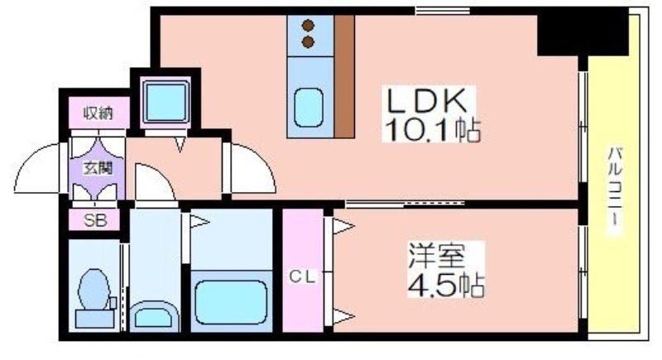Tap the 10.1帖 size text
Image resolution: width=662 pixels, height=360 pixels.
click(432, 130)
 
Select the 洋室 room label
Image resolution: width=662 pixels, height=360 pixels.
click(436, 256)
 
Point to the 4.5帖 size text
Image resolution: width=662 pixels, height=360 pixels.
click(446, 285)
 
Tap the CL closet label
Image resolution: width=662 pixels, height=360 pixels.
click(302, 277)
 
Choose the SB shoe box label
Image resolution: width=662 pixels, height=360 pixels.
click(95, 220)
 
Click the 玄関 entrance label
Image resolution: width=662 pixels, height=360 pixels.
click(98, 168)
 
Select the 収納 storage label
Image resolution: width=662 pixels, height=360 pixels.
click(98, 113)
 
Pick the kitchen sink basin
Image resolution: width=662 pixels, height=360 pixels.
click(309, 108)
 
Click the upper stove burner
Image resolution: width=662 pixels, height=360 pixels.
click(308, 26)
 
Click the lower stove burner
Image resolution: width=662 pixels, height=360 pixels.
click(308, 42)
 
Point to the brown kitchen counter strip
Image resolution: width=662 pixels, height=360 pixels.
click(344, 77)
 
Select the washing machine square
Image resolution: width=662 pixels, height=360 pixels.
click(166, 101)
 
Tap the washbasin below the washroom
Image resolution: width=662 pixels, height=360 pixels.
click(154, 315)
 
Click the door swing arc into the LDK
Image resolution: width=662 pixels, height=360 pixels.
click(262, 160)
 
